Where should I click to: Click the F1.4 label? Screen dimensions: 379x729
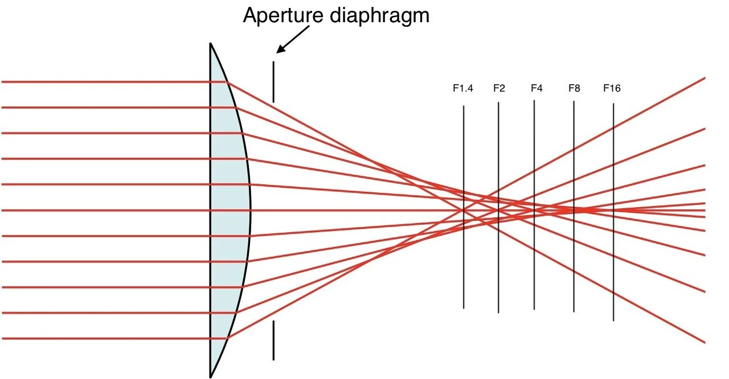pos(463,88)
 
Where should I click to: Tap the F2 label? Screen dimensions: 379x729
pos(499,88)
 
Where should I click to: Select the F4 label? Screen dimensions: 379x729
pos(536,88)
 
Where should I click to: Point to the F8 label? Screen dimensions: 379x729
pos(574,88)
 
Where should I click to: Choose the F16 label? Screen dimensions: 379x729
pos(612,88)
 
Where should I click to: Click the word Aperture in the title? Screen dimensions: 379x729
pos(283,15)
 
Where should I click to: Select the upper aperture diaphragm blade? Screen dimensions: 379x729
pos(273,82)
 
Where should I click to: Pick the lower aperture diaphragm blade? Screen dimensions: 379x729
pos(273,340)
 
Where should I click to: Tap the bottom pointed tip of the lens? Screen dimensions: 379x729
pos(211,376)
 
